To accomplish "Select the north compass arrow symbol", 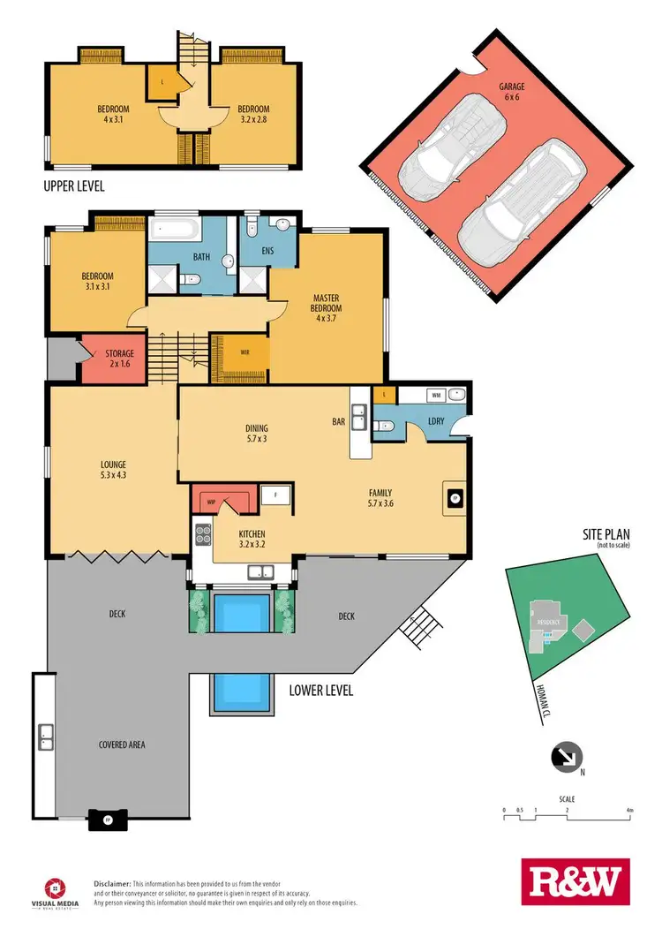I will (565, 756).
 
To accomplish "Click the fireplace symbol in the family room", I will (455, 499).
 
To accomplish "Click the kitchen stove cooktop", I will (202, 534).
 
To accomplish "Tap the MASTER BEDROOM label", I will (327, 306).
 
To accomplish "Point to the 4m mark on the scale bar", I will (629, 809).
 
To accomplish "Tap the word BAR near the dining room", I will (338, 422).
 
